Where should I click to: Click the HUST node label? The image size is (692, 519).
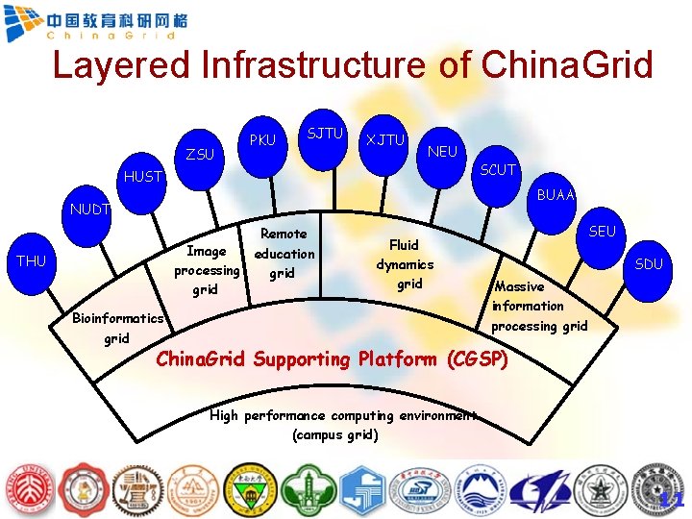click(143, 177)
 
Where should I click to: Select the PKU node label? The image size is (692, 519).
click(262, 140)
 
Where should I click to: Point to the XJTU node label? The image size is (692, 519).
click(384, 140)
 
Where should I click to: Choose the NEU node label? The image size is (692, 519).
click(442, 152)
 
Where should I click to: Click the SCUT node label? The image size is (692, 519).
click(498, 170)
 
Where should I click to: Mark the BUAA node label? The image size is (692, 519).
click(556, 195)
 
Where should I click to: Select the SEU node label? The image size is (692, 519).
click(602, 232)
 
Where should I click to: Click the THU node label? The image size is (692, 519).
click(31, 260)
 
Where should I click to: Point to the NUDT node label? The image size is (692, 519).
click(88, 209)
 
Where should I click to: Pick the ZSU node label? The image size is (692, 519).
click(200, 155)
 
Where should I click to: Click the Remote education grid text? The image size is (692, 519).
click(284, 254)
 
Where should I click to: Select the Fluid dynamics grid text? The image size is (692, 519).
click(405, 264)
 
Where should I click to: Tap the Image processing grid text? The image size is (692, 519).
click(207, 270)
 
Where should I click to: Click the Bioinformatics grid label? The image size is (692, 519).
click(118, 328)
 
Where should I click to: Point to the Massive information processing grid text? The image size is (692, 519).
click(538, 306)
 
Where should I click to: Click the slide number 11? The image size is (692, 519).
click(672, 500)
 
